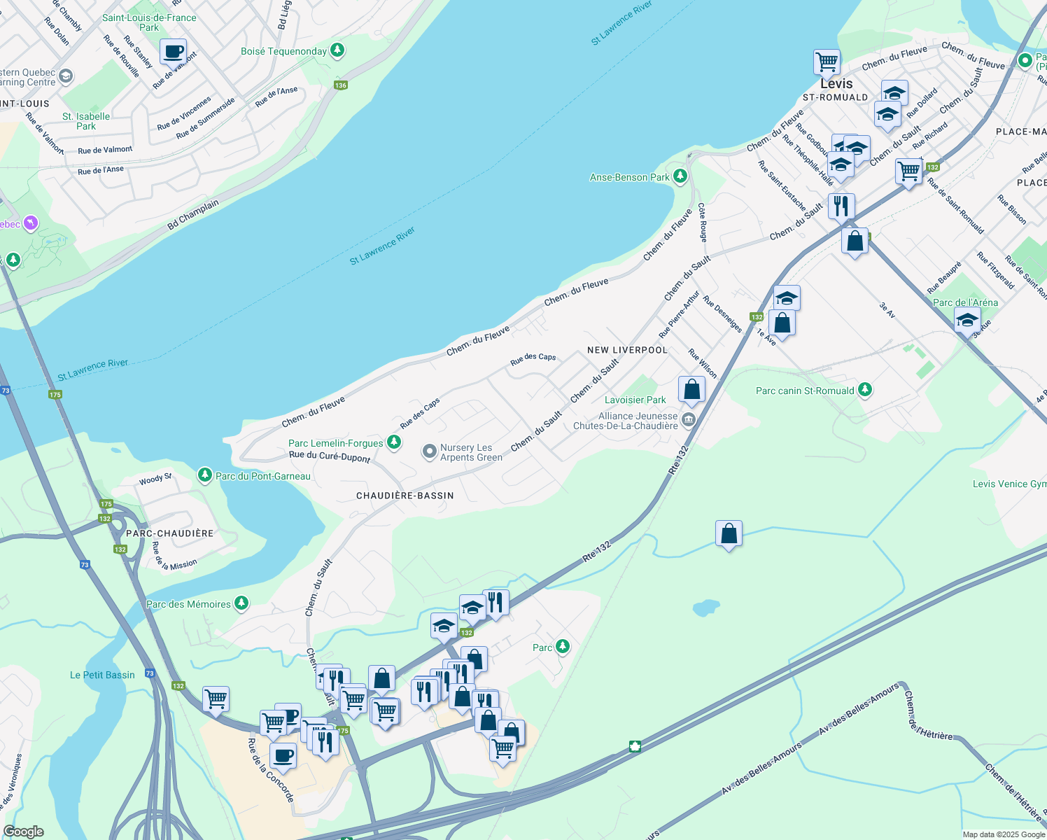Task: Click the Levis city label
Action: [x=836, y=83]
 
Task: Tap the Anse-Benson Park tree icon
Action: [x=680, y=176]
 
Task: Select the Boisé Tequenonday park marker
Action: [x=337, y=50]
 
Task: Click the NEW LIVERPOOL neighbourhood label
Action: [x=627, y=350]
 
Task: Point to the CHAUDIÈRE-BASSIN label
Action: [x=405, y=496]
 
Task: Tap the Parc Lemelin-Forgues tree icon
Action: [x=394, y=442]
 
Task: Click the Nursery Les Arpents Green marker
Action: [x=430, y=451]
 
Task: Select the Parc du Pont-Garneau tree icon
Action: [x=204, y=475]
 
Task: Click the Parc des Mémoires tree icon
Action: [x=241, y=603]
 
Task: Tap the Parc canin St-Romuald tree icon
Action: [x=865, y=390]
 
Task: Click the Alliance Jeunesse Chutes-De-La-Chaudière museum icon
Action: [x=689, y=420]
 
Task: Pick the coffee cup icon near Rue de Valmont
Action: [x=173, y=51]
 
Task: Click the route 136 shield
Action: [x=340, y=85]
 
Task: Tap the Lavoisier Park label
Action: [x=635, y=400]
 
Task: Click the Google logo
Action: [x=24, y=832]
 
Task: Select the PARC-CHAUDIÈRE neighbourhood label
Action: [x=169, y=533]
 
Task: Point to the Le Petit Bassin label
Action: [x=102, y=675]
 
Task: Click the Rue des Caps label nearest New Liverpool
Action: [x=533, y=358]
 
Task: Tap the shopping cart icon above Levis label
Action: [x=827, y=62]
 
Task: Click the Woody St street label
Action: [x=155, y=479]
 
